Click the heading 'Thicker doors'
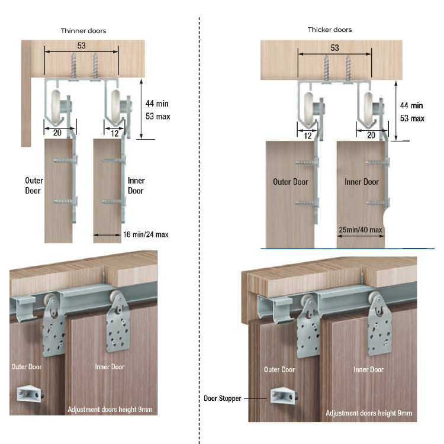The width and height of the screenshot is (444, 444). [330, 30]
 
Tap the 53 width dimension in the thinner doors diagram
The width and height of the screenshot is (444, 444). [82, 46]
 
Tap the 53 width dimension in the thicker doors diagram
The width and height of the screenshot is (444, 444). [335, 48]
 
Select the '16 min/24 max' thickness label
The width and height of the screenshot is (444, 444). [146, 234]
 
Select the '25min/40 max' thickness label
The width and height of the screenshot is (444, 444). [361, 229]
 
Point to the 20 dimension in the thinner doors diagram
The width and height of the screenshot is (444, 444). [57, 133]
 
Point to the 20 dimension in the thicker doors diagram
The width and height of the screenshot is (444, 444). [371, 135]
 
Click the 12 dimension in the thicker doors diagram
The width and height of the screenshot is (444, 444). [307, 136]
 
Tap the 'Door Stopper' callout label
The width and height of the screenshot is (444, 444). [222, 398]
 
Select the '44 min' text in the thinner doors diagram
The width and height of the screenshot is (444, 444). [157, 104]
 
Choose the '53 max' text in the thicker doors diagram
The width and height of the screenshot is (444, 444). [412, 118]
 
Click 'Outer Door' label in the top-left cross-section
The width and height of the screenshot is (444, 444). [34, 185]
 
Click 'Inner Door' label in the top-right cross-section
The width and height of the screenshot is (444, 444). [362, 182]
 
